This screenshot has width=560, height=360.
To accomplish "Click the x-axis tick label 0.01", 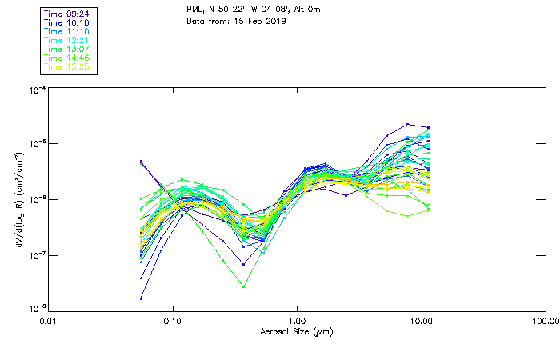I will coord(49,321).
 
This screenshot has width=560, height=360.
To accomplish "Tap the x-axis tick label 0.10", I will coord(173,321).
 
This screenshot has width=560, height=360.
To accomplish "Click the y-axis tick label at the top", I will coord(36,91).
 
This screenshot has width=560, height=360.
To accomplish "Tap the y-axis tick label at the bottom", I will coord(36,307).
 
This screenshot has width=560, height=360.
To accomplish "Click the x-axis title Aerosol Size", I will coord(297,331).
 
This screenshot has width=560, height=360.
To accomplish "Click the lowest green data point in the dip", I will coord(243,286).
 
